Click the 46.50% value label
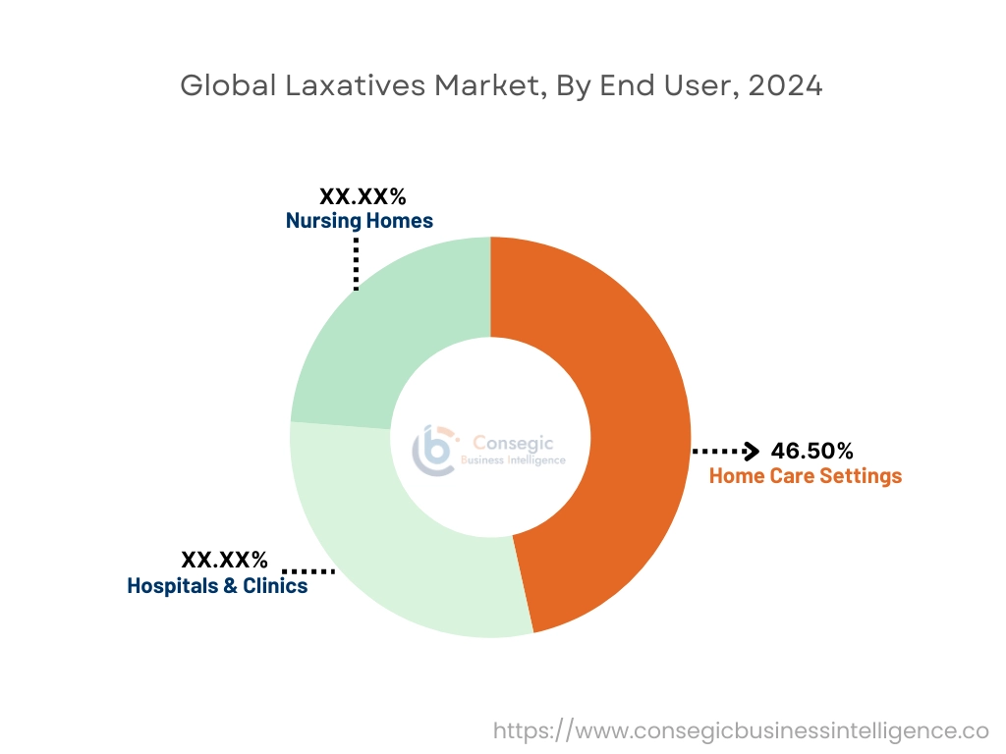point(811,451)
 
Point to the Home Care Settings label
point(805,476)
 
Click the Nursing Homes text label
point(359,221)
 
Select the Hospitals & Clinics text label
point(217,586)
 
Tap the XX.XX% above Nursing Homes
point(363,196)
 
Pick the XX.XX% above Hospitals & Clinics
point(224,561)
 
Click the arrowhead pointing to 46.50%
point(752,451)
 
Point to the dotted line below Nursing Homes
point(356,262)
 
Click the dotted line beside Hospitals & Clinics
point(308,570)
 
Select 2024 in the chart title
point(785,86)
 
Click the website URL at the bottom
point(740,730)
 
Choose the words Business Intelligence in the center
point(520,460)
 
